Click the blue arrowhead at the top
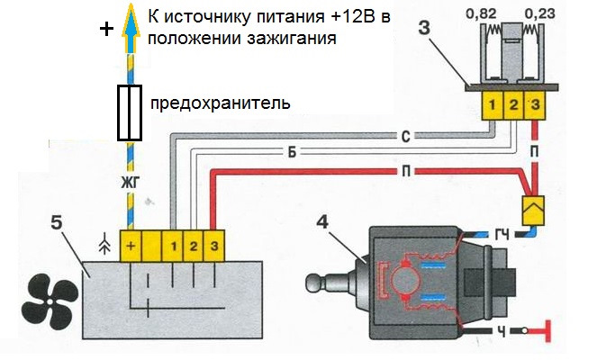coord(131,16)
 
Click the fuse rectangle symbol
coord(131,113)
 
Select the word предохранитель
coord(221,103)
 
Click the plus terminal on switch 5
coord(132,246)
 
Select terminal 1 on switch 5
coord(174,246)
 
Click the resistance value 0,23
coord(538,15)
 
